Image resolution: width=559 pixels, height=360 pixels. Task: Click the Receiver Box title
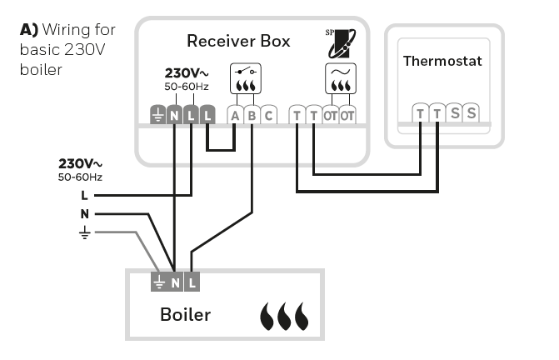237,40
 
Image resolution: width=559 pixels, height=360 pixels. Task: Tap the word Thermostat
442,61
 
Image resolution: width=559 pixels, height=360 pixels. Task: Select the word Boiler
185,315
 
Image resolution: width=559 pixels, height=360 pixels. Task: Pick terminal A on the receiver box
235,115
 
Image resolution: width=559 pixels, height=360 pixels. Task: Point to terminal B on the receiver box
252,115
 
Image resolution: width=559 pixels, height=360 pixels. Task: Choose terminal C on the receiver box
267,115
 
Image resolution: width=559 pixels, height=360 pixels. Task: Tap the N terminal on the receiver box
174,116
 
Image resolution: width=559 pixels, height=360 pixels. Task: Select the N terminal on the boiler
175,282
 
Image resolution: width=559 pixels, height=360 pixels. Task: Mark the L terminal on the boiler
192,282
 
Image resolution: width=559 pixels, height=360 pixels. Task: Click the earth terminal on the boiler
158,282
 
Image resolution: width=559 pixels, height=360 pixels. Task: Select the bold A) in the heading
30,30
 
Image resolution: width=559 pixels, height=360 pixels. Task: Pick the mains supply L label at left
84,195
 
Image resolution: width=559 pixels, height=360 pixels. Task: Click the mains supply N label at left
84,213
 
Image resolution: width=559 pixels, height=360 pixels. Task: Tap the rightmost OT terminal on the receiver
347,115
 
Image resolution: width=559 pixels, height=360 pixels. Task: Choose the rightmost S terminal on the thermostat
472,112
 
